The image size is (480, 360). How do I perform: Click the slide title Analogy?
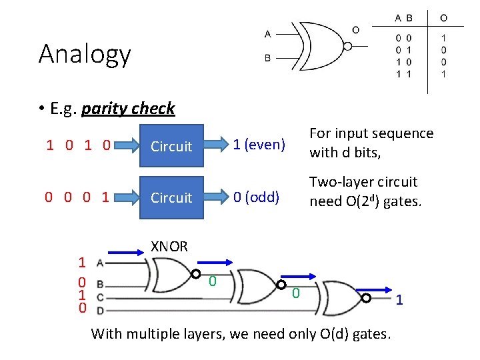pyautogui.click(x=85, y=54)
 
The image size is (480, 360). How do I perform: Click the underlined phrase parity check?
pyautogui.click(x=128, y=108)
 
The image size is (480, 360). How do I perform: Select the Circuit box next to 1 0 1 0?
pyautogui.click(x=171, y=146)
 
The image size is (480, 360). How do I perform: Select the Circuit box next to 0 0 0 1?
pyautogui.click(x=171, y=198)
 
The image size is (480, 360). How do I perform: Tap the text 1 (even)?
pyautogui.click(x=259, y=145)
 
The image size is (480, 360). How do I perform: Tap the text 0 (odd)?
pyautogui.click(x=255, y=197)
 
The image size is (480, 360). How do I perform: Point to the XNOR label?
pyautogui.click(x=169, y=247)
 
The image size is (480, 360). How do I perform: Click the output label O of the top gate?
pyautogui.click(x=355, y=30)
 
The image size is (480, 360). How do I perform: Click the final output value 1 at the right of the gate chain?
pyautogui.click(x=399, y=301)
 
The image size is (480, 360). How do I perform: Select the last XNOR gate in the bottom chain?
pyautogui.click(x=343, y=298)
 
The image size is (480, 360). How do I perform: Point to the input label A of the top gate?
pyautogui.click(x=267, y=33)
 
